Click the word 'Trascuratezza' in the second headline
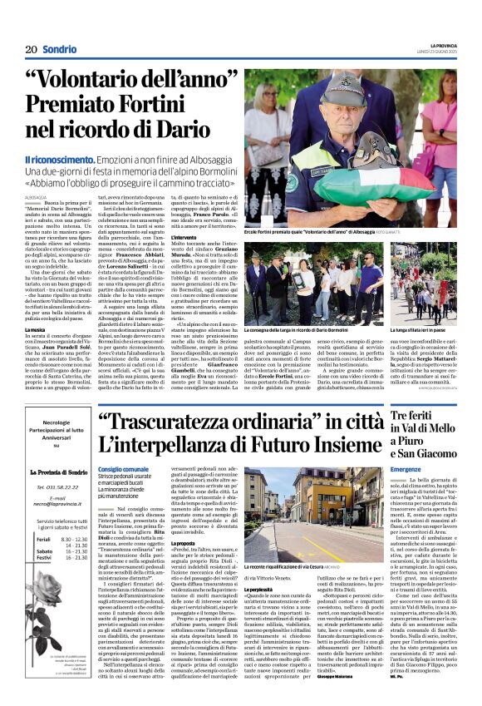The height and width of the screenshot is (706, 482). (x=199, y=423)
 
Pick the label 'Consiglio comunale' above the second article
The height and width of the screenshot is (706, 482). (x=122, y=469)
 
